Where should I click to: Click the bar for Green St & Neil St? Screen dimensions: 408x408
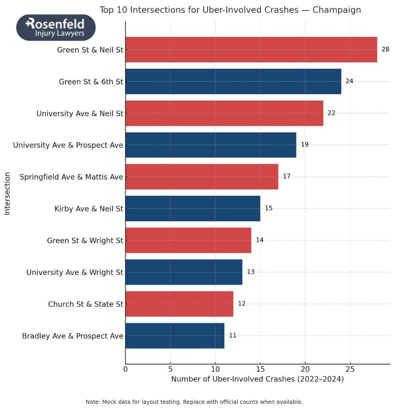(251, 50)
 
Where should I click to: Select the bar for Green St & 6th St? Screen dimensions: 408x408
(233, 81)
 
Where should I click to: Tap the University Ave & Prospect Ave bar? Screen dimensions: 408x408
(211, 145)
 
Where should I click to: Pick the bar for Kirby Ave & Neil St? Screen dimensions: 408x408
(193, 208)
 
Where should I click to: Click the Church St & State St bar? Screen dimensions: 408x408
(179, 304)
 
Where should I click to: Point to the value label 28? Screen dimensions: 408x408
(385, 49)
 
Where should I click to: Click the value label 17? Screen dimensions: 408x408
(286, 176)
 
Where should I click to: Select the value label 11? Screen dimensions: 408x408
(232, 335)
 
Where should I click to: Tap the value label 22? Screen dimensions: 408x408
(331, 113)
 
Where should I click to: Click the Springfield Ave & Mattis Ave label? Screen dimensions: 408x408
(71, 177)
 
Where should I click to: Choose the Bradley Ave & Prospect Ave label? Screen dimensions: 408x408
(72, 336)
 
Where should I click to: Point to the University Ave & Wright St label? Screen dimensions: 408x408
(75, 272)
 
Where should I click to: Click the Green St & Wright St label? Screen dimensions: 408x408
(85, 241)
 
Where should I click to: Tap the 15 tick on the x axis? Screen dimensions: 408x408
(260, 369)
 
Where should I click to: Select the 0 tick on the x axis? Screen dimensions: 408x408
(125, 369)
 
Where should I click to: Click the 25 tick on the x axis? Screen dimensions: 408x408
(350, 369)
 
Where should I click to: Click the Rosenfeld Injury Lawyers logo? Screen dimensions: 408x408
(56, 27)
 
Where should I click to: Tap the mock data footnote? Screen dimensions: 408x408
(194, 402)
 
